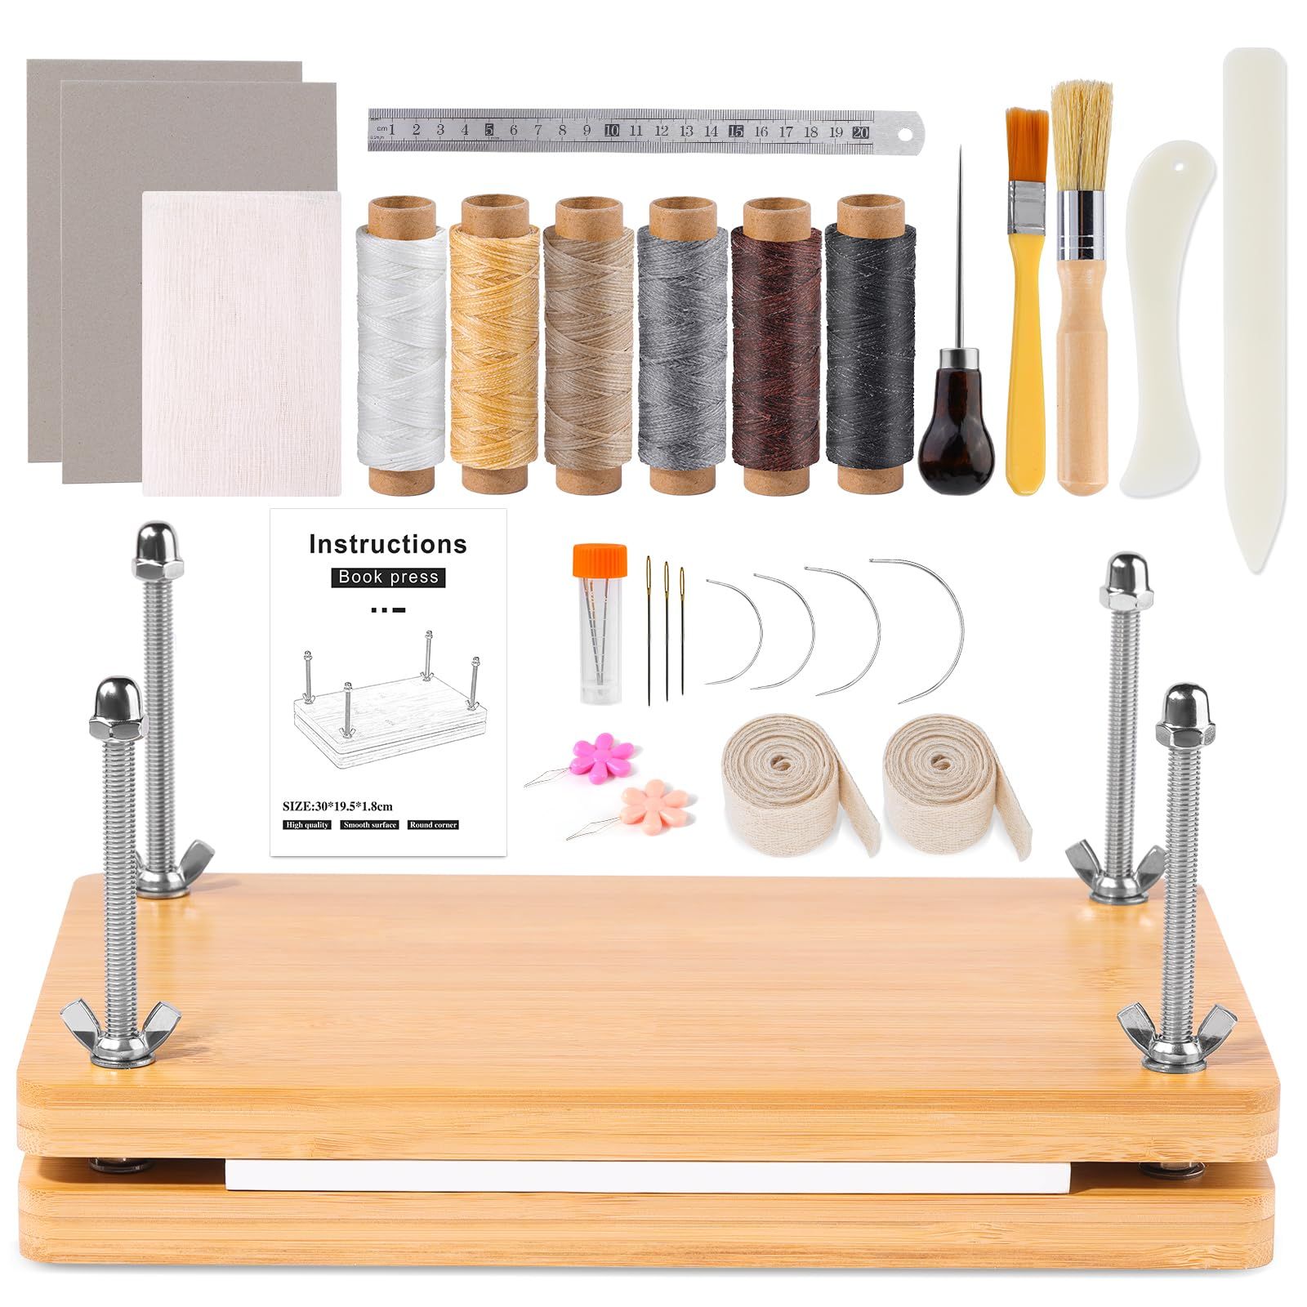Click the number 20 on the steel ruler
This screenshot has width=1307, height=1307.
[x=859, y=132]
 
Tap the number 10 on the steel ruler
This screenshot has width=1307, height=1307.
[x=611, y=130]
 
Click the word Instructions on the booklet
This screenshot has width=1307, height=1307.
[x=388, y=545]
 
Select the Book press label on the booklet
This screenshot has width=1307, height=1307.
[x=388, y=578]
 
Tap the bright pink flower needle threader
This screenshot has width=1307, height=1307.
[x=603, y=754]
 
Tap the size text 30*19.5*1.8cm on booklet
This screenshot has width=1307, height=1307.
[x=337, y=806]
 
